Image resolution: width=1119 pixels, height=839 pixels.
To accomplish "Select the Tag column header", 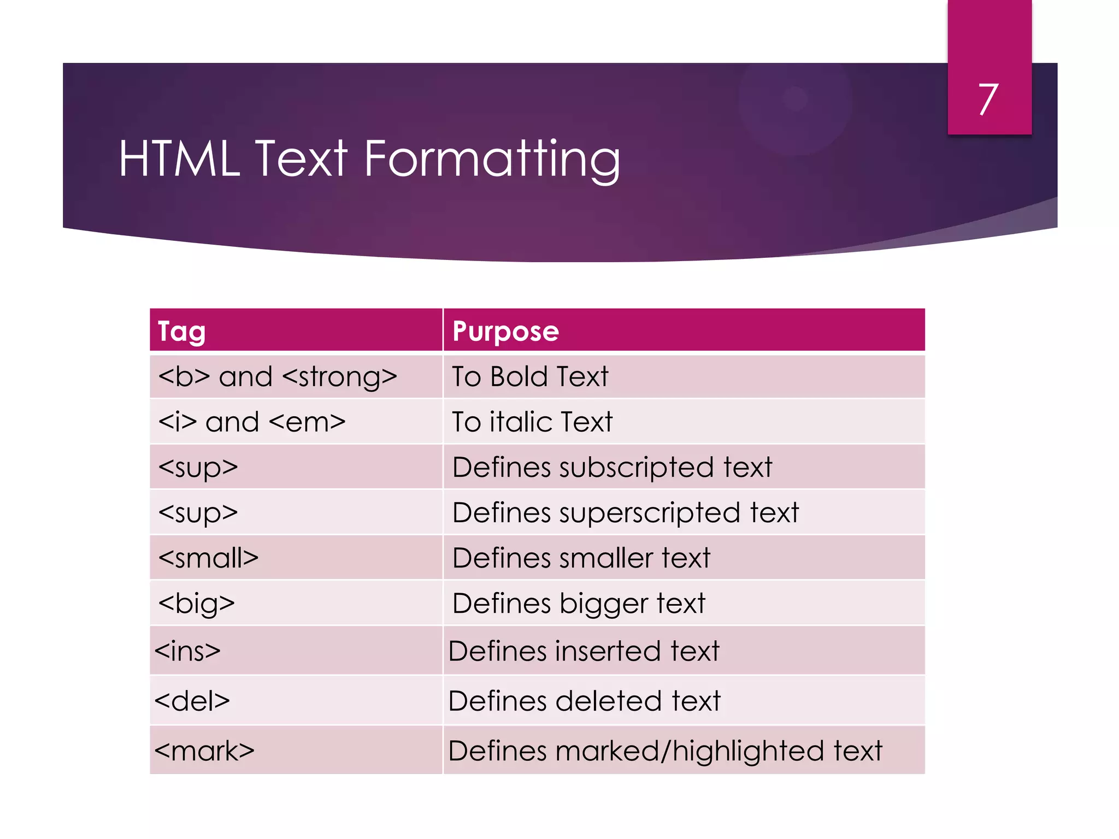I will click(x=181, y=331).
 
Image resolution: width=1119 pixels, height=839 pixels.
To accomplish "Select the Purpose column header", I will click(x=505, y=331).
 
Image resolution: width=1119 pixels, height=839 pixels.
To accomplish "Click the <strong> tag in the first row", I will click(x=340, y=377).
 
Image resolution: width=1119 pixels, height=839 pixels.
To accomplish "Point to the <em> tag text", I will click(x=308, y=422).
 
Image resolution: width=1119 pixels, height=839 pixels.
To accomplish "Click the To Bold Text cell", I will click(x=530, y=377).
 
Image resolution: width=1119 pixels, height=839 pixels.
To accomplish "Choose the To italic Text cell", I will click(x=532, y=422).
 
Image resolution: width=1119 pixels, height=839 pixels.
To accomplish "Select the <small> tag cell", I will click(x=208, y=558).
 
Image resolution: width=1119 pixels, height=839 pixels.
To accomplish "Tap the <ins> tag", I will click(x=187, y=651).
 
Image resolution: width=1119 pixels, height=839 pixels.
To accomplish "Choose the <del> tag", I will click(x=192, y=701).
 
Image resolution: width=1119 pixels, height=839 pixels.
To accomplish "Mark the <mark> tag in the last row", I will click(x=204, y=751).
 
